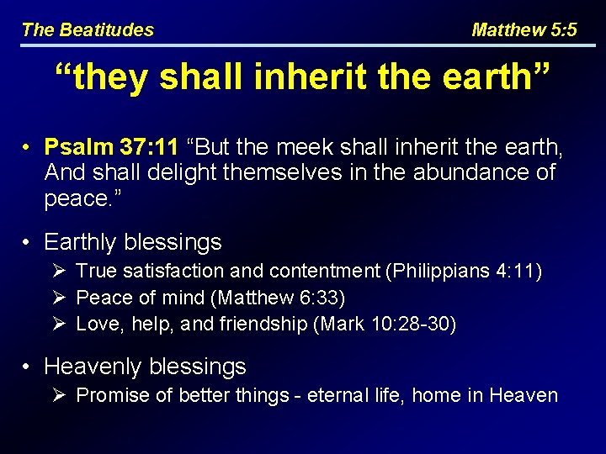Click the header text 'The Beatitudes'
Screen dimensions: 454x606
coord(88,30)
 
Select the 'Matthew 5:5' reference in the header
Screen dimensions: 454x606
coord(524,30)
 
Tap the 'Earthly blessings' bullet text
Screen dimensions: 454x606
coord(132,242)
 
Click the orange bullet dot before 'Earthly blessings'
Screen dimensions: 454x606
coord(28,243)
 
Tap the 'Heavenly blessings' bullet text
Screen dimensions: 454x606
coord(145,367)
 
